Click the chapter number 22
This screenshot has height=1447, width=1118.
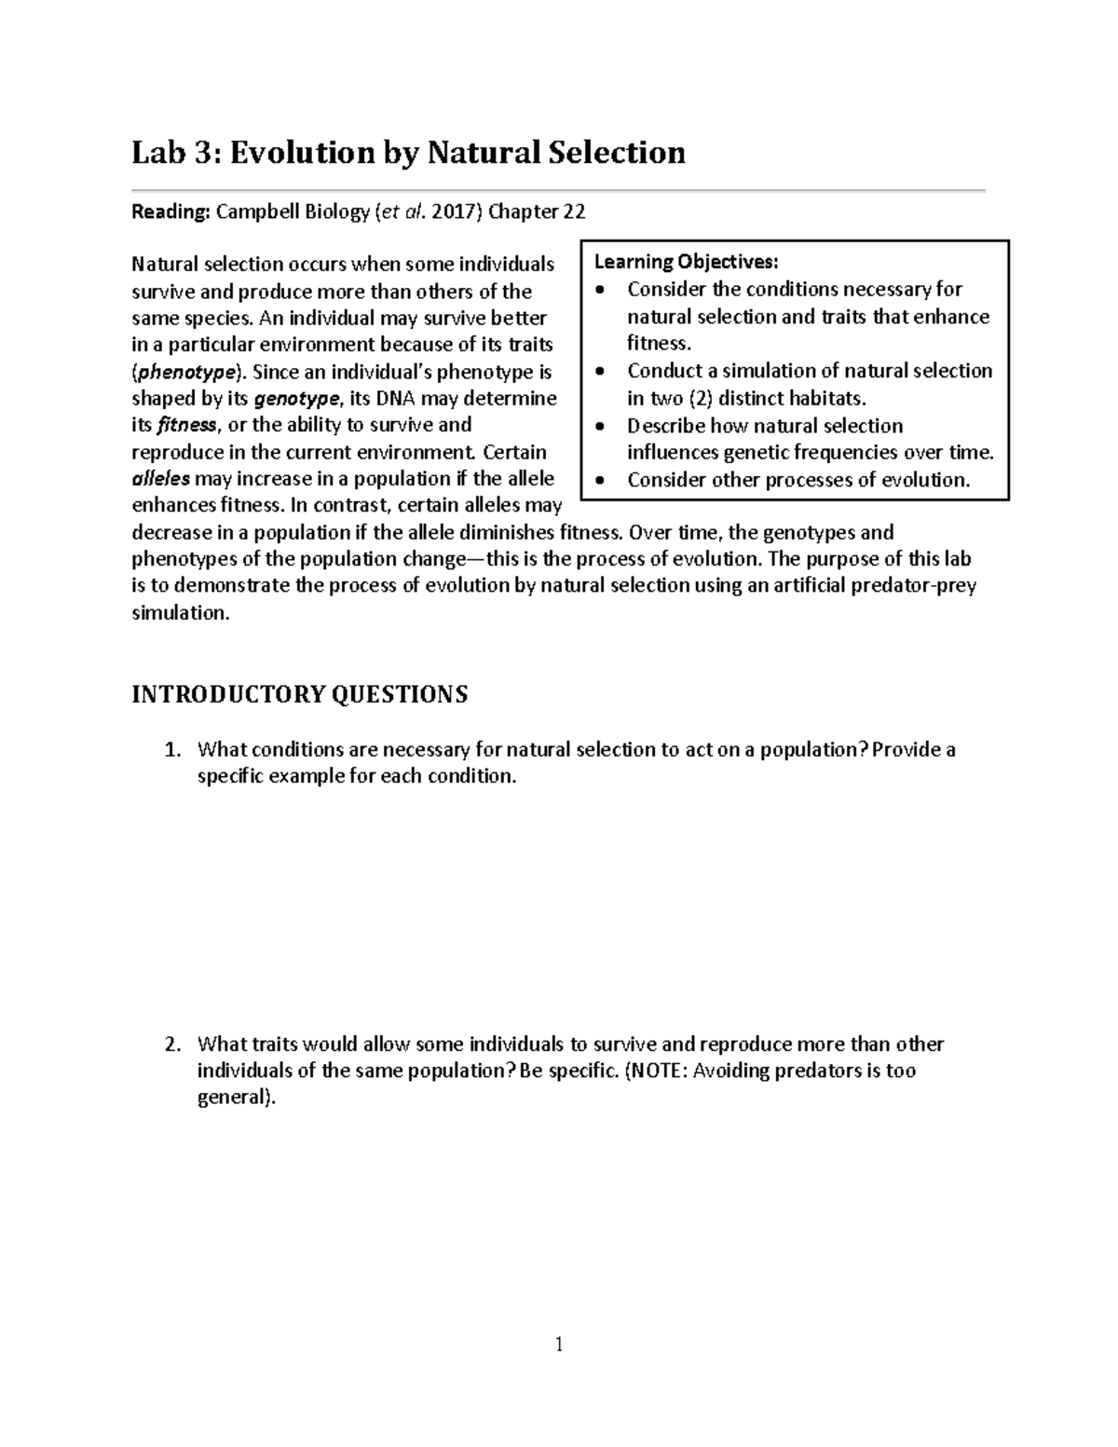[574, 212]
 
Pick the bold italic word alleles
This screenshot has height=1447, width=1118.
[160, 479]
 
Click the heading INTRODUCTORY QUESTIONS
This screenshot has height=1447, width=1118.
[299, 694]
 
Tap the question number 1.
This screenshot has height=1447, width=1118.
[170, 750]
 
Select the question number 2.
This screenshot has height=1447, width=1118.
[170, 1044]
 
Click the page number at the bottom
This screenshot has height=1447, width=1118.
[559, 1344]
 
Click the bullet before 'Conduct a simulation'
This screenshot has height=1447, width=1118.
[604, 371]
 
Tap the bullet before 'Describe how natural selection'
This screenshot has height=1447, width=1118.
[604, 426]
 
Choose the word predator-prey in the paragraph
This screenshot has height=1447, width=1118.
[917, 586]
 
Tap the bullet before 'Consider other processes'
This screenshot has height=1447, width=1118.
[604, 480]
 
